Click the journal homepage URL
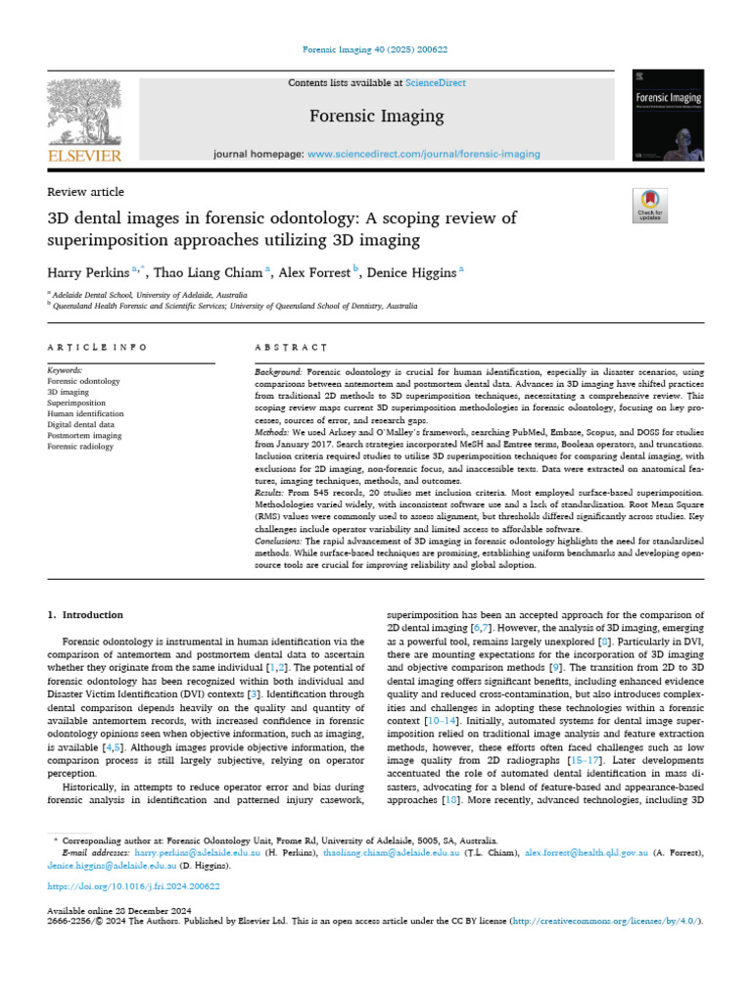point(423,154)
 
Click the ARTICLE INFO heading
point(98,347)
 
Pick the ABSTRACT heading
point(291,347)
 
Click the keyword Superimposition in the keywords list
point(75,402)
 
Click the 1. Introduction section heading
point(86,615)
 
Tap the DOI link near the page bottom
point(134,886)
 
